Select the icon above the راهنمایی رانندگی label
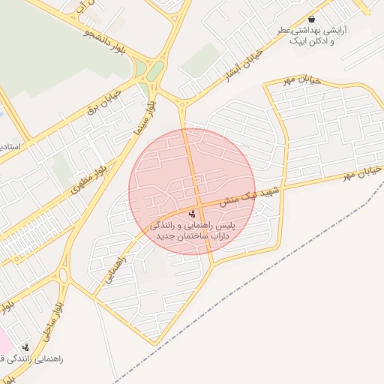pyautogui.click(x=26, y=347)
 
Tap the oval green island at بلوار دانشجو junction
pyautogui.click(x=155, y=72)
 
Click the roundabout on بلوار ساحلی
pyautogui.click(x=64, y=275)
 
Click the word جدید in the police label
pyautogui.click(x=168, y=235)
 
